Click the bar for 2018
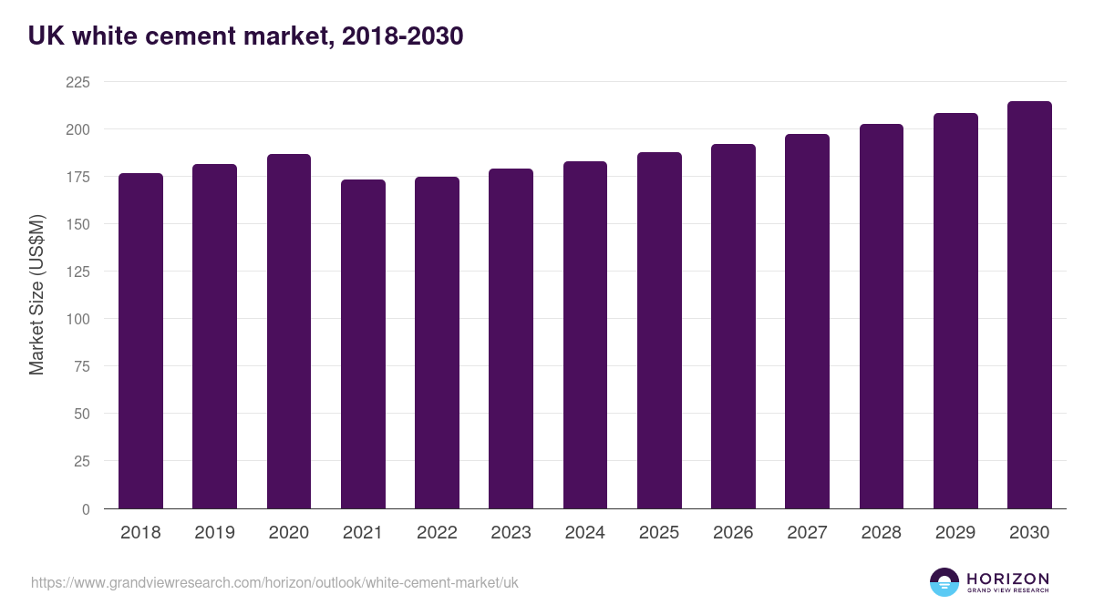[x=140, y=341]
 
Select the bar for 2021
[x=363, y=344]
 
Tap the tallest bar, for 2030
[x=1029, y=305]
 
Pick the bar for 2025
[x=659, y=331]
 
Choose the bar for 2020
[x=289, y=332]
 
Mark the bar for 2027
[x=807, y=322]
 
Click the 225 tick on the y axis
[x=77, y=82]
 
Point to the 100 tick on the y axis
[x=77, y=319]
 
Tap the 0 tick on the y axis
[x=86, y=509]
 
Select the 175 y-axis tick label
[x=77, y=177]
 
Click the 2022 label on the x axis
[x=437, y=533]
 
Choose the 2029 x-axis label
[x=955, y=533]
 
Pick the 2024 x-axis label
[x=584, y=533]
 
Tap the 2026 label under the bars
[x=733, y=533]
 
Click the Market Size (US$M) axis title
[x=36, y=295]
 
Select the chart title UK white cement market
[x=246, y=36]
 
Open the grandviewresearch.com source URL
[x=274, y=582]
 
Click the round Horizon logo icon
[x=944, y=582]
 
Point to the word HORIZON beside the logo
[x=1007, y=578]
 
